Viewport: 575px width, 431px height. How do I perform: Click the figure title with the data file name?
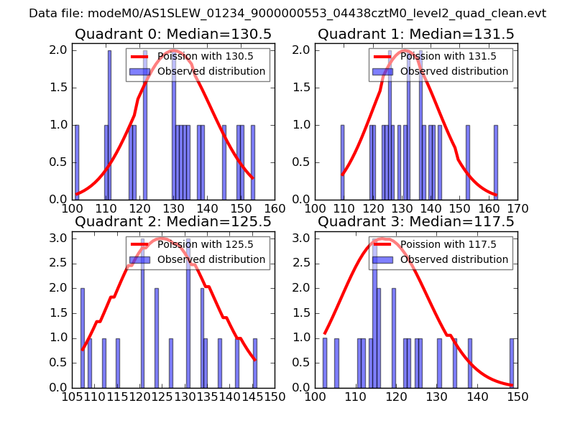click(x=287, y=14)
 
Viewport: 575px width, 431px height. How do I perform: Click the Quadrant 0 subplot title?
click(x=173, y=34)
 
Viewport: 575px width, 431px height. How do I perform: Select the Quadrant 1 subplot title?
click(x=416, y=34)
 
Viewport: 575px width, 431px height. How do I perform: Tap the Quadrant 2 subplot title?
click(x=173, y=222)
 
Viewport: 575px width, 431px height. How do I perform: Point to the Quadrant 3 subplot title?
click(x=416, y=222)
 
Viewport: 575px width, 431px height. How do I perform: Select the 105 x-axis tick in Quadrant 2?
click(x=72, y=397)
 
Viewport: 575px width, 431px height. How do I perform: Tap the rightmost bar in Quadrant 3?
click(x=512, y=363)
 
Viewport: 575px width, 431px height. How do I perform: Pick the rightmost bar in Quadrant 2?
click(x=255, y=363)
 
